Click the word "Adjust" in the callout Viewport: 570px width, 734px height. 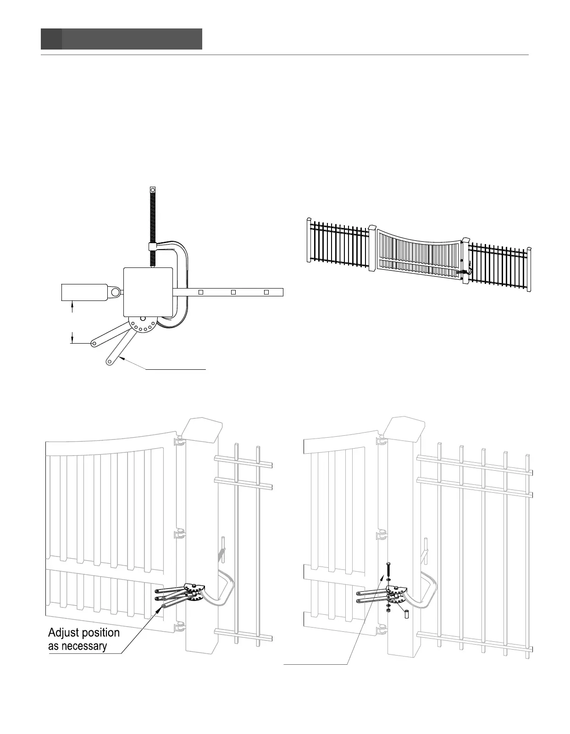(65, 633)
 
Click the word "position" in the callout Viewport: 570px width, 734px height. (101, 633)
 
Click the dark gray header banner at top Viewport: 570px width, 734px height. (122, 39)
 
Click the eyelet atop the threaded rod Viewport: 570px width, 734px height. (153, 189)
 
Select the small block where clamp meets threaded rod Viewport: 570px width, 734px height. (153, 247)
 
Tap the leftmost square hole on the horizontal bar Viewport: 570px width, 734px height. (200, 292)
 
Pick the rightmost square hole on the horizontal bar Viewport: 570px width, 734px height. (266, 292)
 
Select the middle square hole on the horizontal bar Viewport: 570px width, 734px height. (233, 292)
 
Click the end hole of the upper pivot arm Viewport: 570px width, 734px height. (94, 343)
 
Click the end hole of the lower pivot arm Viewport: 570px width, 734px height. (110, 361)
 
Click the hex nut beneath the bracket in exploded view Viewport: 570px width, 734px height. (388, 609)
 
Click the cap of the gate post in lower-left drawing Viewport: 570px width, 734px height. (201, 428)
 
